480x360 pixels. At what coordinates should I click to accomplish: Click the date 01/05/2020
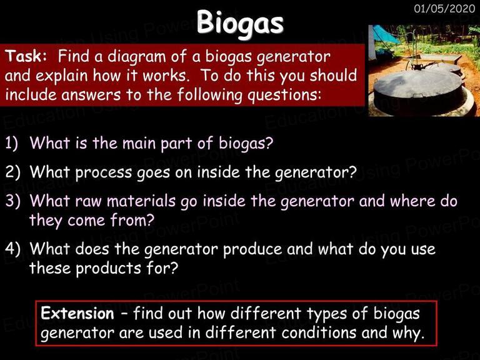point(444,8)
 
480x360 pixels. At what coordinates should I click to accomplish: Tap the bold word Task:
point(26,56)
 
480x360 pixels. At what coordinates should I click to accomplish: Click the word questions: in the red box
point(285,95)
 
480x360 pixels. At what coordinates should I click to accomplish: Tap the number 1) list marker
point(12,143)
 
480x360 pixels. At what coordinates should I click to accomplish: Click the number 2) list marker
point(12,172)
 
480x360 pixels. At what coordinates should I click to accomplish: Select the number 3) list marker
point(12,201)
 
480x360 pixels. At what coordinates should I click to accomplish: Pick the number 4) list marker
point(12,248)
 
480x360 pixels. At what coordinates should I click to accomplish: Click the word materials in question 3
point(141,201)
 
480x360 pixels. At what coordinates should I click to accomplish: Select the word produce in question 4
point(252,249)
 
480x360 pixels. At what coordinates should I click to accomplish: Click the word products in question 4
point(108,269)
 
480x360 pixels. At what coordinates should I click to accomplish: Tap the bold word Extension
point(77,313)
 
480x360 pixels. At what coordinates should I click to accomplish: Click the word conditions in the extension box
point(319,332)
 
